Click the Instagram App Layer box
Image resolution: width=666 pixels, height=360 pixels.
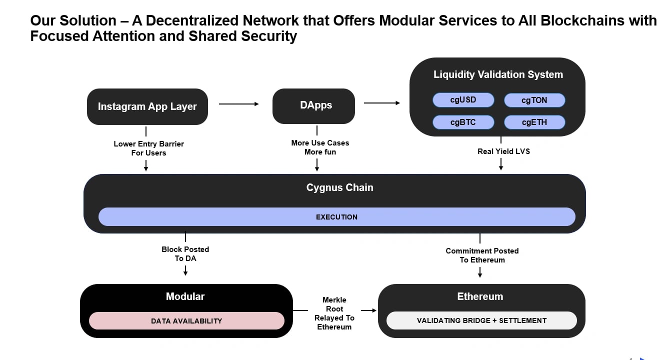147,106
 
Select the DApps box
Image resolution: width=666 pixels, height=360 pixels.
313,106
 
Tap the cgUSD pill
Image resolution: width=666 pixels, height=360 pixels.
463,100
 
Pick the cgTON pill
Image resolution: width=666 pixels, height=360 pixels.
534,100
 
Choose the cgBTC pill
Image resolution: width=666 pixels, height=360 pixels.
463,122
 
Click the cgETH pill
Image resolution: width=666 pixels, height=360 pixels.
534,122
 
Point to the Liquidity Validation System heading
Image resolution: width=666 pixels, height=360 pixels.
498,74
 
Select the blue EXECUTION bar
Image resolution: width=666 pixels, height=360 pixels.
337,216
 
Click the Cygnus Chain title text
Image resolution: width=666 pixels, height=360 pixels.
340,187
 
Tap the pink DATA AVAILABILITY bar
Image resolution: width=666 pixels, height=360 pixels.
186,321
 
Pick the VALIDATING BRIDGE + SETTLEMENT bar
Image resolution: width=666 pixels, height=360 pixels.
481,320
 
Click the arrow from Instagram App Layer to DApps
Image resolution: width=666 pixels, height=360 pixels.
238,103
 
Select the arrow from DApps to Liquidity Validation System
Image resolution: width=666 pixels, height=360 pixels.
382,103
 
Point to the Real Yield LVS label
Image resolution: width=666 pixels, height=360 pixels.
503,151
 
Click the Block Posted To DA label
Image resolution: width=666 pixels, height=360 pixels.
185,254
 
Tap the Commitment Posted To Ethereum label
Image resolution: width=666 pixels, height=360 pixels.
482,255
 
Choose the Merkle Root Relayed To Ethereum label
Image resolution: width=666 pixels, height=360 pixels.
334,313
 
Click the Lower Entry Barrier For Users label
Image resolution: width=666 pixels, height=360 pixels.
148,148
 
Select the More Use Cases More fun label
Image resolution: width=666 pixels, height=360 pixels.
320,147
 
